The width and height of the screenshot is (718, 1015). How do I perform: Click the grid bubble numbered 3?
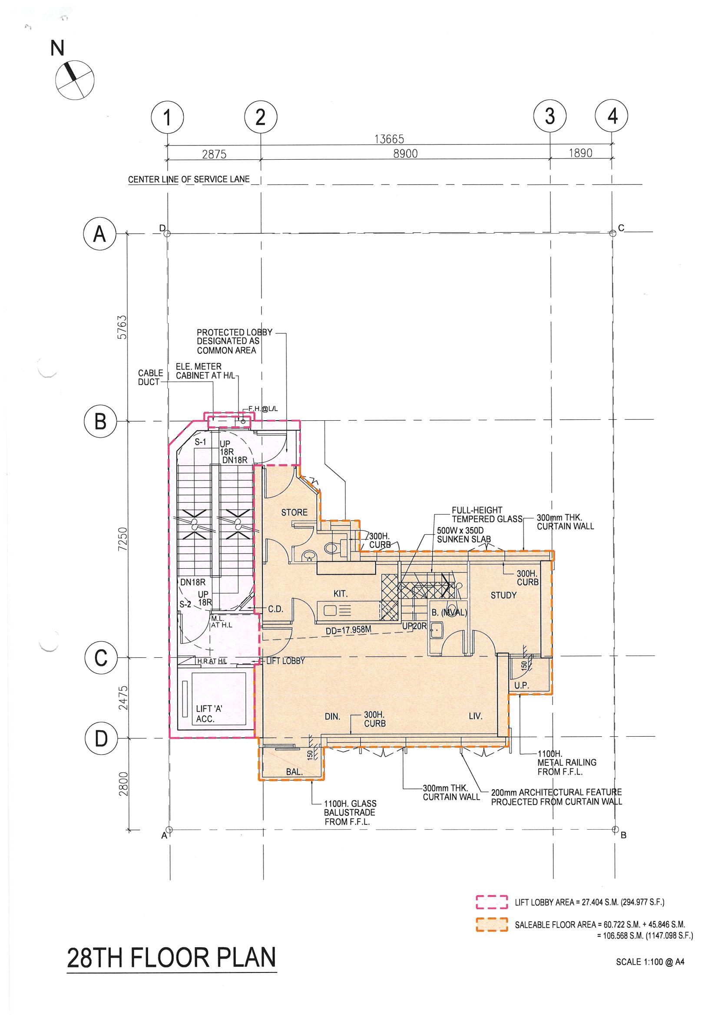pyautogui.click(x=550, y=117)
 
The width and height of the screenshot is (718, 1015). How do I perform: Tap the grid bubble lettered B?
pyautogui.click(x=100, y=421)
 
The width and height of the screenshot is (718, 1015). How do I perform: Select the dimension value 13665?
pyautogui.click(x=389, y=139)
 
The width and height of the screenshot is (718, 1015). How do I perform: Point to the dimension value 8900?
pyautogui.click(x=405, y=153)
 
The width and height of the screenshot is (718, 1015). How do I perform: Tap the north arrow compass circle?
pyautogui.click(x=75, y=79)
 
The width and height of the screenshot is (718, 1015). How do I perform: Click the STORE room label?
pyautogui.click(x=294, y=512)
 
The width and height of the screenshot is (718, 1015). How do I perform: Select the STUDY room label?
pyautogui.click(x=503, y=596)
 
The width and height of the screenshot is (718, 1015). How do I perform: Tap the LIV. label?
pyautogui.click(x=475, y=716)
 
